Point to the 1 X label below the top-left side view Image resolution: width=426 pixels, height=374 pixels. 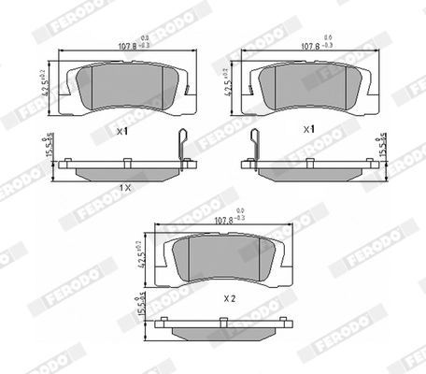123,188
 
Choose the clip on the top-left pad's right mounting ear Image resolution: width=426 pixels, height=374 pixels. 187,90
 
